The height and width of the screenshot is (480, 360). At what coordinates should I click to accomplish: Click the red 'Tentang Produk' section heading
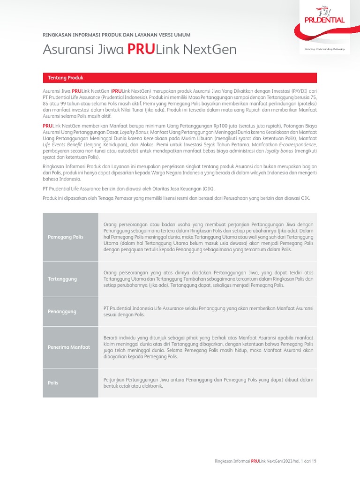coord(66,78)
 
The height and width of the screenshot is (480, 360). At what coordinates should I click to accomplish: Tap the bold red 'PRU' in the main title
coord(141,50)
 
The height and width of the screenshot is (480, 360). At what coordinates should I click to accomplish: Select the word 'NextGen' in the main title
coord(210,50)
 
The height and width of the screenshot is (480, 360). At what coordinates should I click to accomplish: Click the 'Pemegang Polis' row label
coord(66,237)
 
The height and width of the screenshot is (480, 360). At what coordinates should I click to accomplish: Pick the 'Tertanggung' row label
coord(62,279)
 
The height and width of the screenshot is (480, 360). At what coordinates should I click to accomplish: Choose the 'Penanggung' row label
coord(62,311)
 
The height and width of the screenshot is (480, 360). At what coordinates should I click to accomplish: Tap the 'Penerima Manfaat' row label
coord(69,347)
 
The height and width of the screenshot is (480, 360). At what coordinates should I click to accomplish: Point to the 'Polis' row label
coord(53,383)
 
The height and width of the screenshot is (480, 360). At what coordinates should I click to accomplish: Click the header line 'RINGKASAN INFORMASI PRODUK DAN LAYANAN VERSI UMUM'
coord(117,35)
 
